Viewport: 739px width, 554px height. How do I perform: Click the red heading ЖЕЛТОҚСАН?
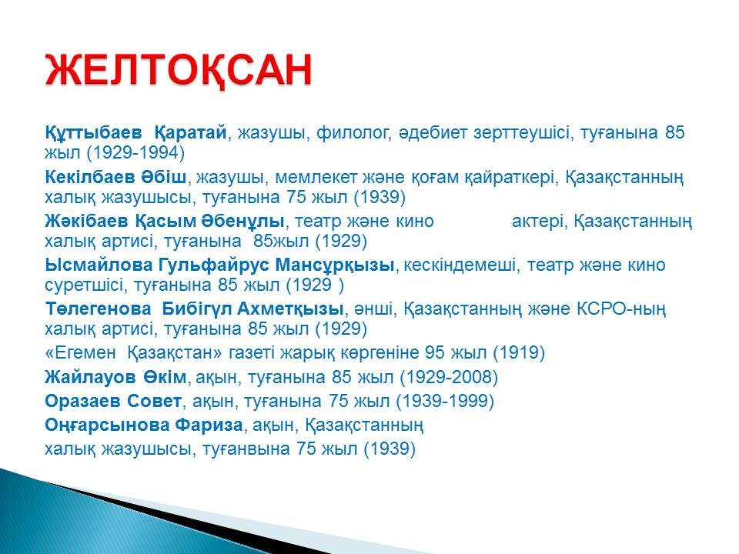click(x=178, y=70)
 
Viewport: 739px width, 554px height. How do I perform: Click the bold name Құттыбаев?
click(x=93, y=133)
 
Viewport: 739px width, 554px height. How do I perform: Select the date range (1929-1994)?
click(x=135, y=152)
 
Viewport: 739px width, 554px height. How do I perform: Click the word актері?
click(x=539, y=222)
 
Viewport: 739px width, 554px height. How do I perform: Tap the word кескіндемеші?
click(x=460, y=265)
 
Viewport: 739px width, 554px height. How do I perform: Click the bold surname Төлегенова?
click(x=98, y=309)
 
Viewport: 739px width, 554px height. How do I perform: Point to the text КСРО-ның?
click(x=621, y=309)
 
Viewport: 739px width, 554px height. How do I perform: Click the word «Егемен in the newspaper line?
click(x=80, y=352)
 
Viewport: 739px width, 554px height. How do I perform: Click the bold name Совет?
click(x=153, y=402)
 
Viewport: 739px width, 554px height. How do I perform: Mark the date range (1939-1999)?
click(x=445, y=402)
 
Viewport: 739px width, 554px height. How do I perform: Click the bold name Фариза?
click(x=209, y=426)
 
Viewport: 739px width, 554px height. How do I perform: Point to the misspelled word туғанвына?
click(x=246, y=449)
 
